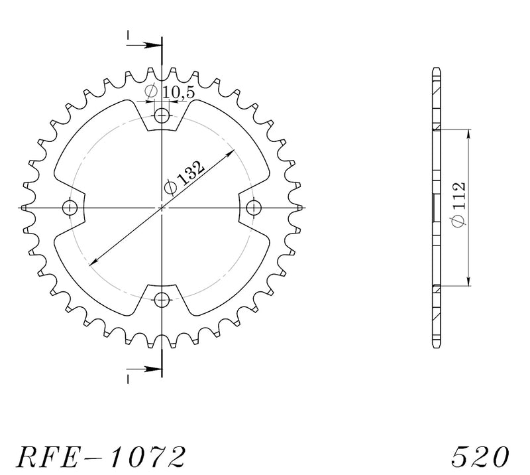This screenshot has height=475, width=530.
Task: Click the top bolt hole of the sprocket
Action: tap(162, 116)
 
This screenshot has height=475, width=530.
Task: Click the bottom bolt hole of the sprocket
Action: tap(162, 299)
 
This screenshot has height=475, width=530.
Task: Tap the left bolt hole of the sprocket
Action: tap(70, 207)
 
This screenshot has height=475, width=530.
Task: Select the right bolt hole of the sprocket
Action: tap(254, 207)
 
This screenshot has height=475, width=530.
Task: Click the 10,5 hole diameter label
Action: tap(170, 93)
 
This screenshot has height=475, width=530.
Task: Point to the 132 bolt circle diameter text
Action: tap(184, 178)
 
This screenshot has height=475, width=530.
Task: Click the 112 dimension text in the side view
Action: tap(458, 204)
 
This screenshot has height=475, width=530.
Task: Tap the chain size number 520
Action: tap(480, 456)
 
